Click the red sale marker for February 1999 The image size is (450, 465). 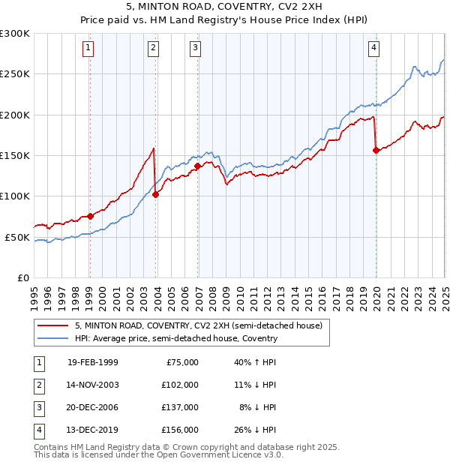click(x=90, y=216)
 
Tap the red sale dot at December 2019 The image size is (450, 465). click(x=376, y=150)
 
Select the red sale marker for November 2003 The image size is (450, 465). click(x=155, y=194)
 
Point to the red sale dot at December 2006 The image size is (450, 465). click(x=197, y=166)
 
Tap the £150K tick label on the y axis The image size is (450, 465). click(x=15, y=155)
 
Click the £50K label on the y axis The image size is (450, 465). click(x=17, y=237)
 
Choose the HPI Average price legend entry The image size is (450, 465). click(x=175, y=338)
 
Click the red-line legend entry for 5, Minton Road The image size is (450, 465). click(x=198, y=325)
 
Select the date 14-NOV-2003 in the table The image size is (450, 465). click(x=93, y=384)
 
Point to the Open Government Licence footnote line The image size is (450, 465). click(x=158, y=454)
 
